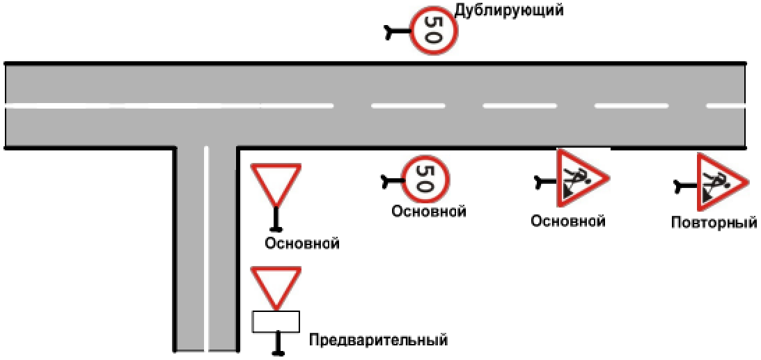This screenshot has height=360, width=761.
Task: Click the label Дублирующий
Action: (x=508, y=10)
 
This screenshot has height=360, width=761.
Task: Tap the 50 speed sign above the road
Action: (x=433, y=31)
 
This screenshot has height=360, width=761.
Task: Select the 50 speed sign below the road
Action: (x=425, y=178)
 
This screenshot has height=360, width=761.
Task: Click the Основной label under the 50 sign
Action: (x=428, y=211)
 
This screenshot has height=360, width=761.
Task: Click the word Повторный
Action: (x=714, y=224)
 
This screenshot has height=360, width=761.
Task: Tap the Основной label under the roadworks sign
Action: (x=567, y=221)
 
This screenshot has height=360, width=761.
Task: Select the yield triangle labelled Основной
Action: (x=276, y=182)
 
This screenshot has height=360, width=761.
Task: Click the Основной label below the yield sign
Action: (x=301, y=244)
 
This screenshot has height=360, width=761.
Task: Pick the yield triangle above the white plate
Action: (x=276, y=284)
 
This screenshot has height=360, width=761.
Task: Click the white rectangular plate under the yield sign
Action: (x=276, y=322)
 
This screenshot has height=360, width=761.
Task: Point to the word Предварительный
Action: (x=378, y=341)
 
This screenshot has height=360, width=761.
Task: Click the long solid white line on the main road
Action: (x=167, y=106)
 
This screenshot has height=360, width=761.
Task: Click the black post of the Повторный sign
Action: (x=685, y=186)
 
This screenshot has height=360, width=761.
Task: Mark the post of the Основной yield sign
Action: (x=276, y=220)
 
